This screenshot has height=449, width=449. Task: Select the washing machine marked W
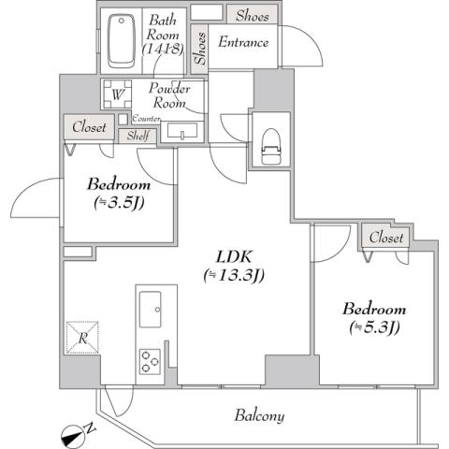click(117, 94)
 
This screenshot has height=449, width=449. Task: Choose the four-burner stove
click(150, 360)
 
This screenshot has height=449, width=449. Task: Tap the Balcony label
click(260, 416)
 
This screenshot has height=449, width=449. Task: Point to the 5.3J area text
click(374, 326)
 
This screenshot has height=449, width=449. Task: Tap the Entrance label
click(243, 42)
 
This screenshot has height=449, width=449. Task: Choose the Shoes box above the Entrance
click(252, 15)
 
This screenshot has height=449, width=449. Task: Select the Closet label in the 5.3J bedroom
click(386, 238)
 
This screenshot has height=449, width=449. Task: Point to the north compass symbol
click(75, 432)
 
